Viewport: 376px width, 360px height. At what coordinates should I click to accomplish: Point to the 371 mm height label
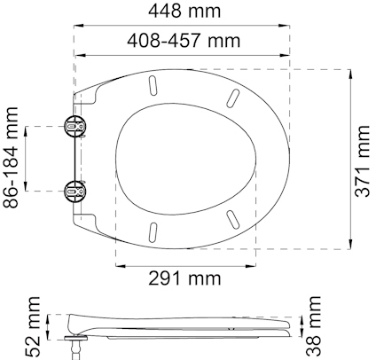pos(365,160)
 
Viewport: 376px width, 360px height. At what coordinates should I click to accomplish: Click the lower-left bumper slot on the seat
pos(153,231)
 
